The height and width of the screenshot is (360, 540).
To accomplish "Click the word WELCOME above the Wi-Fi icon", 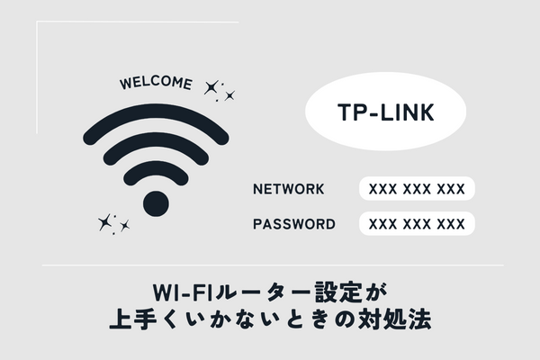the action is coord(155,84).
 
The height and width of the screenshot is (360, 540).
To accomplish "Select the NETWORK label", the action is coord(289,190).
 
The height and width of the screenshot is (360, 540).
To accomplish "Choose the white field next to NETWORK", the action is coord(417,190).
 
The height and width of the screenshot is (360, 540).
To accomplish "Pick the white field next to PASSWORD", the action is coord(417,224).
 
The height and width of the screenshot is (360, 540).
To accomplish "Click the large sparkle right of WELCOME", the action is coord(212,87).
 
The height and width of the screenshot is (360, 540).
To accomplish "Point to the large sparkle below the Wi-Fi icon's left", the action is coord(105,220).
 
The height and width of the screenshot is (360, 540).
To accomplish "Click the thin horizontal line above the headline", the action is coord(270,265).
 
